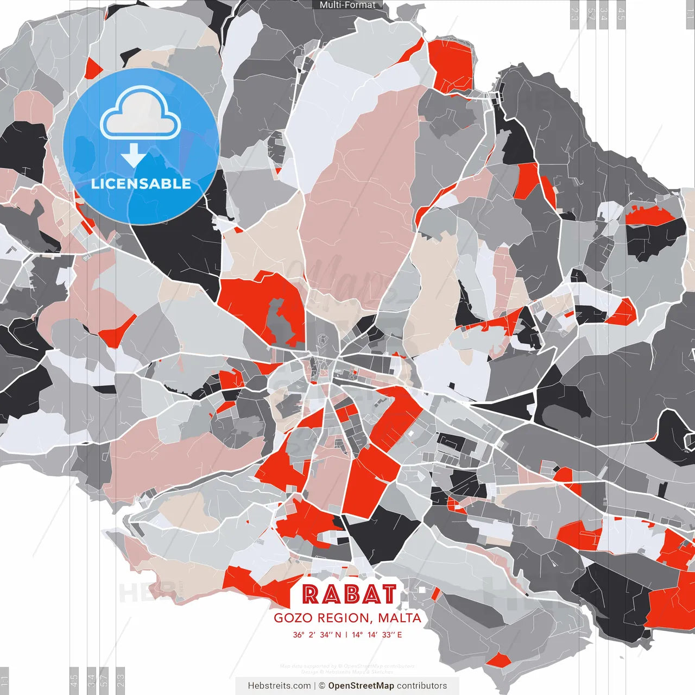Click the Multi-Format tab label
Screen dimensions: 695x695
point(347,5)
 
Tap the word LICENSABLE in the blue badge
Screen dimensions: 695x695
point(141,184)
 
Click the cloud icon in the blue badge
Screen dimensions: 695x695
point(141,116)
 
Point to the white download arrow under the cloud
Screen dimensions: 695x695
point(133,156)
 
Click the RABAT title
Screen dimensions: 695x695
point(349,594)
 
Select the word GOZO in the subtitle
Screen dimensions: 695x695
point(293,618)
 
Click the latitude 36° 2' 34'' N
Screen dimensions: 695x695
point(317,635)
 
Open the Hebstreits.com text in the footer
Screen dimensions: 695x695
point(279,686)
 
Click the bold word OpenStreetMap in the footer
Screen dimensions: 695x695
point(361,686)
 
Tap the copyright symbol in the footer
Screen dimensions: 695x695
point(321,686)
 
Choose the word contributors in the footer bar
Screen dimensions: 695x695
point(422,686)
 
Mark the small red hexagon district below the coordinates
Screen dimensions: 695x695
point(498,660)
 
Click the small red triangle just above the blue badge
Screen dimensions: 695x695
point(93,69)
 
